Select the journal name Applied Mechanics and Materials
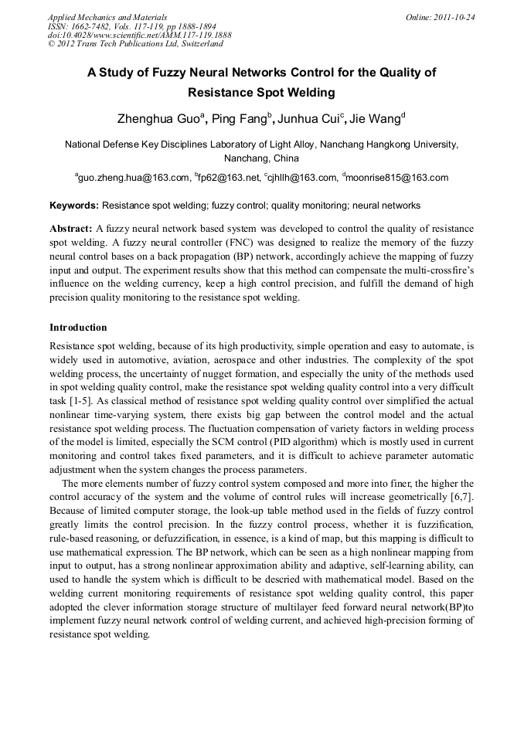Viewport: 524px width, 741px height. tap(107, 16)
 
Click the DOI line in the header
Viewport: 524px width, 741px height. tap(139, 35)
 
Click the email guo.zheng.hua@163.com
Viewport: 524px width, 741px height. tap(134, 178)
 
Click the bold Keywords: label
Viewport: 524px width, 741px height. tap(74, 206)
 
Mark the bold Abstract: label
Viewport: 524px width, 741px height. tap(71, 229)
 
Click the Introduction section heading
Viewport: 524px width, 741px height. tap(78, 328)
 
